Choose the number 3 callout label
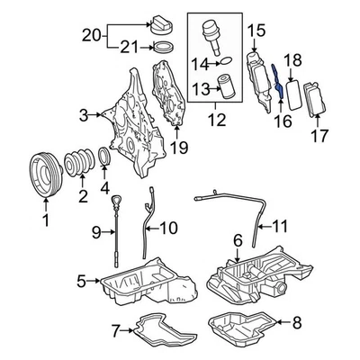tap(84, 114)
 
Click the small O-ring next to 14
tap(228, 63)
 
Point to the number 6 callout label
tap(237, 240)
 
